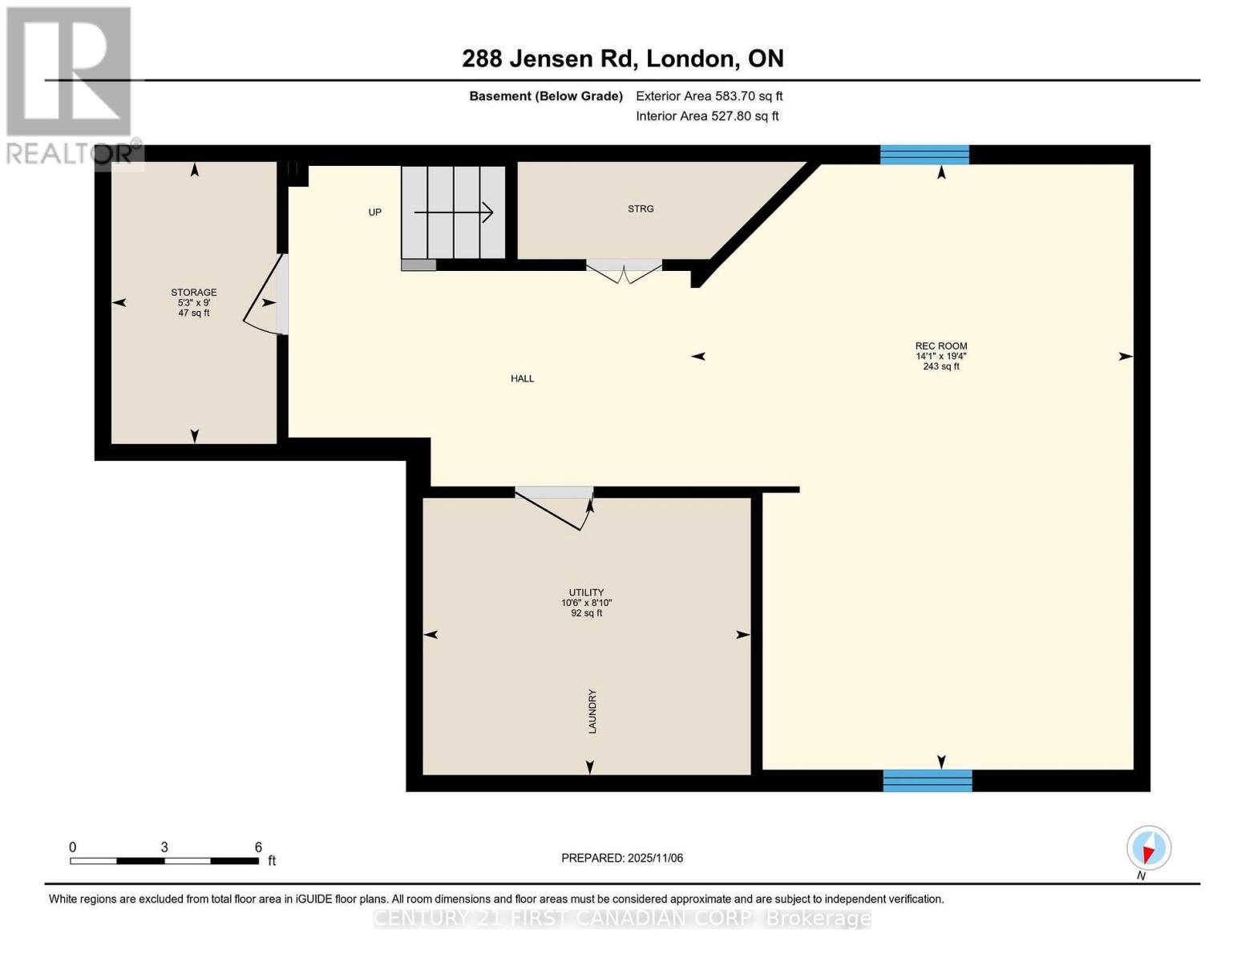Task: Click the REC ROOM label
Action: pos(941,346)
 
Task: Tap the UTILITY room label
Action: pos(586,592)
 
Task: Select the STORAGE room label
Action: pos(193,293)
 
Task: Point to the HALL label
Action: pos(522,378)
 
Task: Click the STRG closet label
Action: pos(641,208)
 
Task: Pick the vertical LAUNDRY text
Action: pos(592,711)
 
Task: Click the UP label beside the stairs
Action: pos(374,212)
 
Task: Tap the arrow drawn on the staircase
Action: pos(453,212)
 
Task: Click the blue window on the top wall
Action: pos(924,155)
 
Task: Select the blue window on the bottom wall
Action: pos(928,780)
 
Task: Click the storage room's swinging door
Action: pos(265,297)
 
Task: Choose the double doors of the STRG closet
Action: pos(624,271)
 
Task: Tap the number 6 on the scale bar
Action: pos(258,847)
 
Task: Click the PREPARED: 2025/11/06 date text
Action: pos(622,858)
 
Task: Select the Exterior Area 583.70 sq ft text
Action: pos(709,96)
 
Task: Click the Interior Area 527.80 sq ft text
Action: pos(707,116)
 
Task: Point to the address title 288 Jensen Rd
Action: pos(623,59)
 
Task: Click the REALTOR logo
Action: pos(71,84)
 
